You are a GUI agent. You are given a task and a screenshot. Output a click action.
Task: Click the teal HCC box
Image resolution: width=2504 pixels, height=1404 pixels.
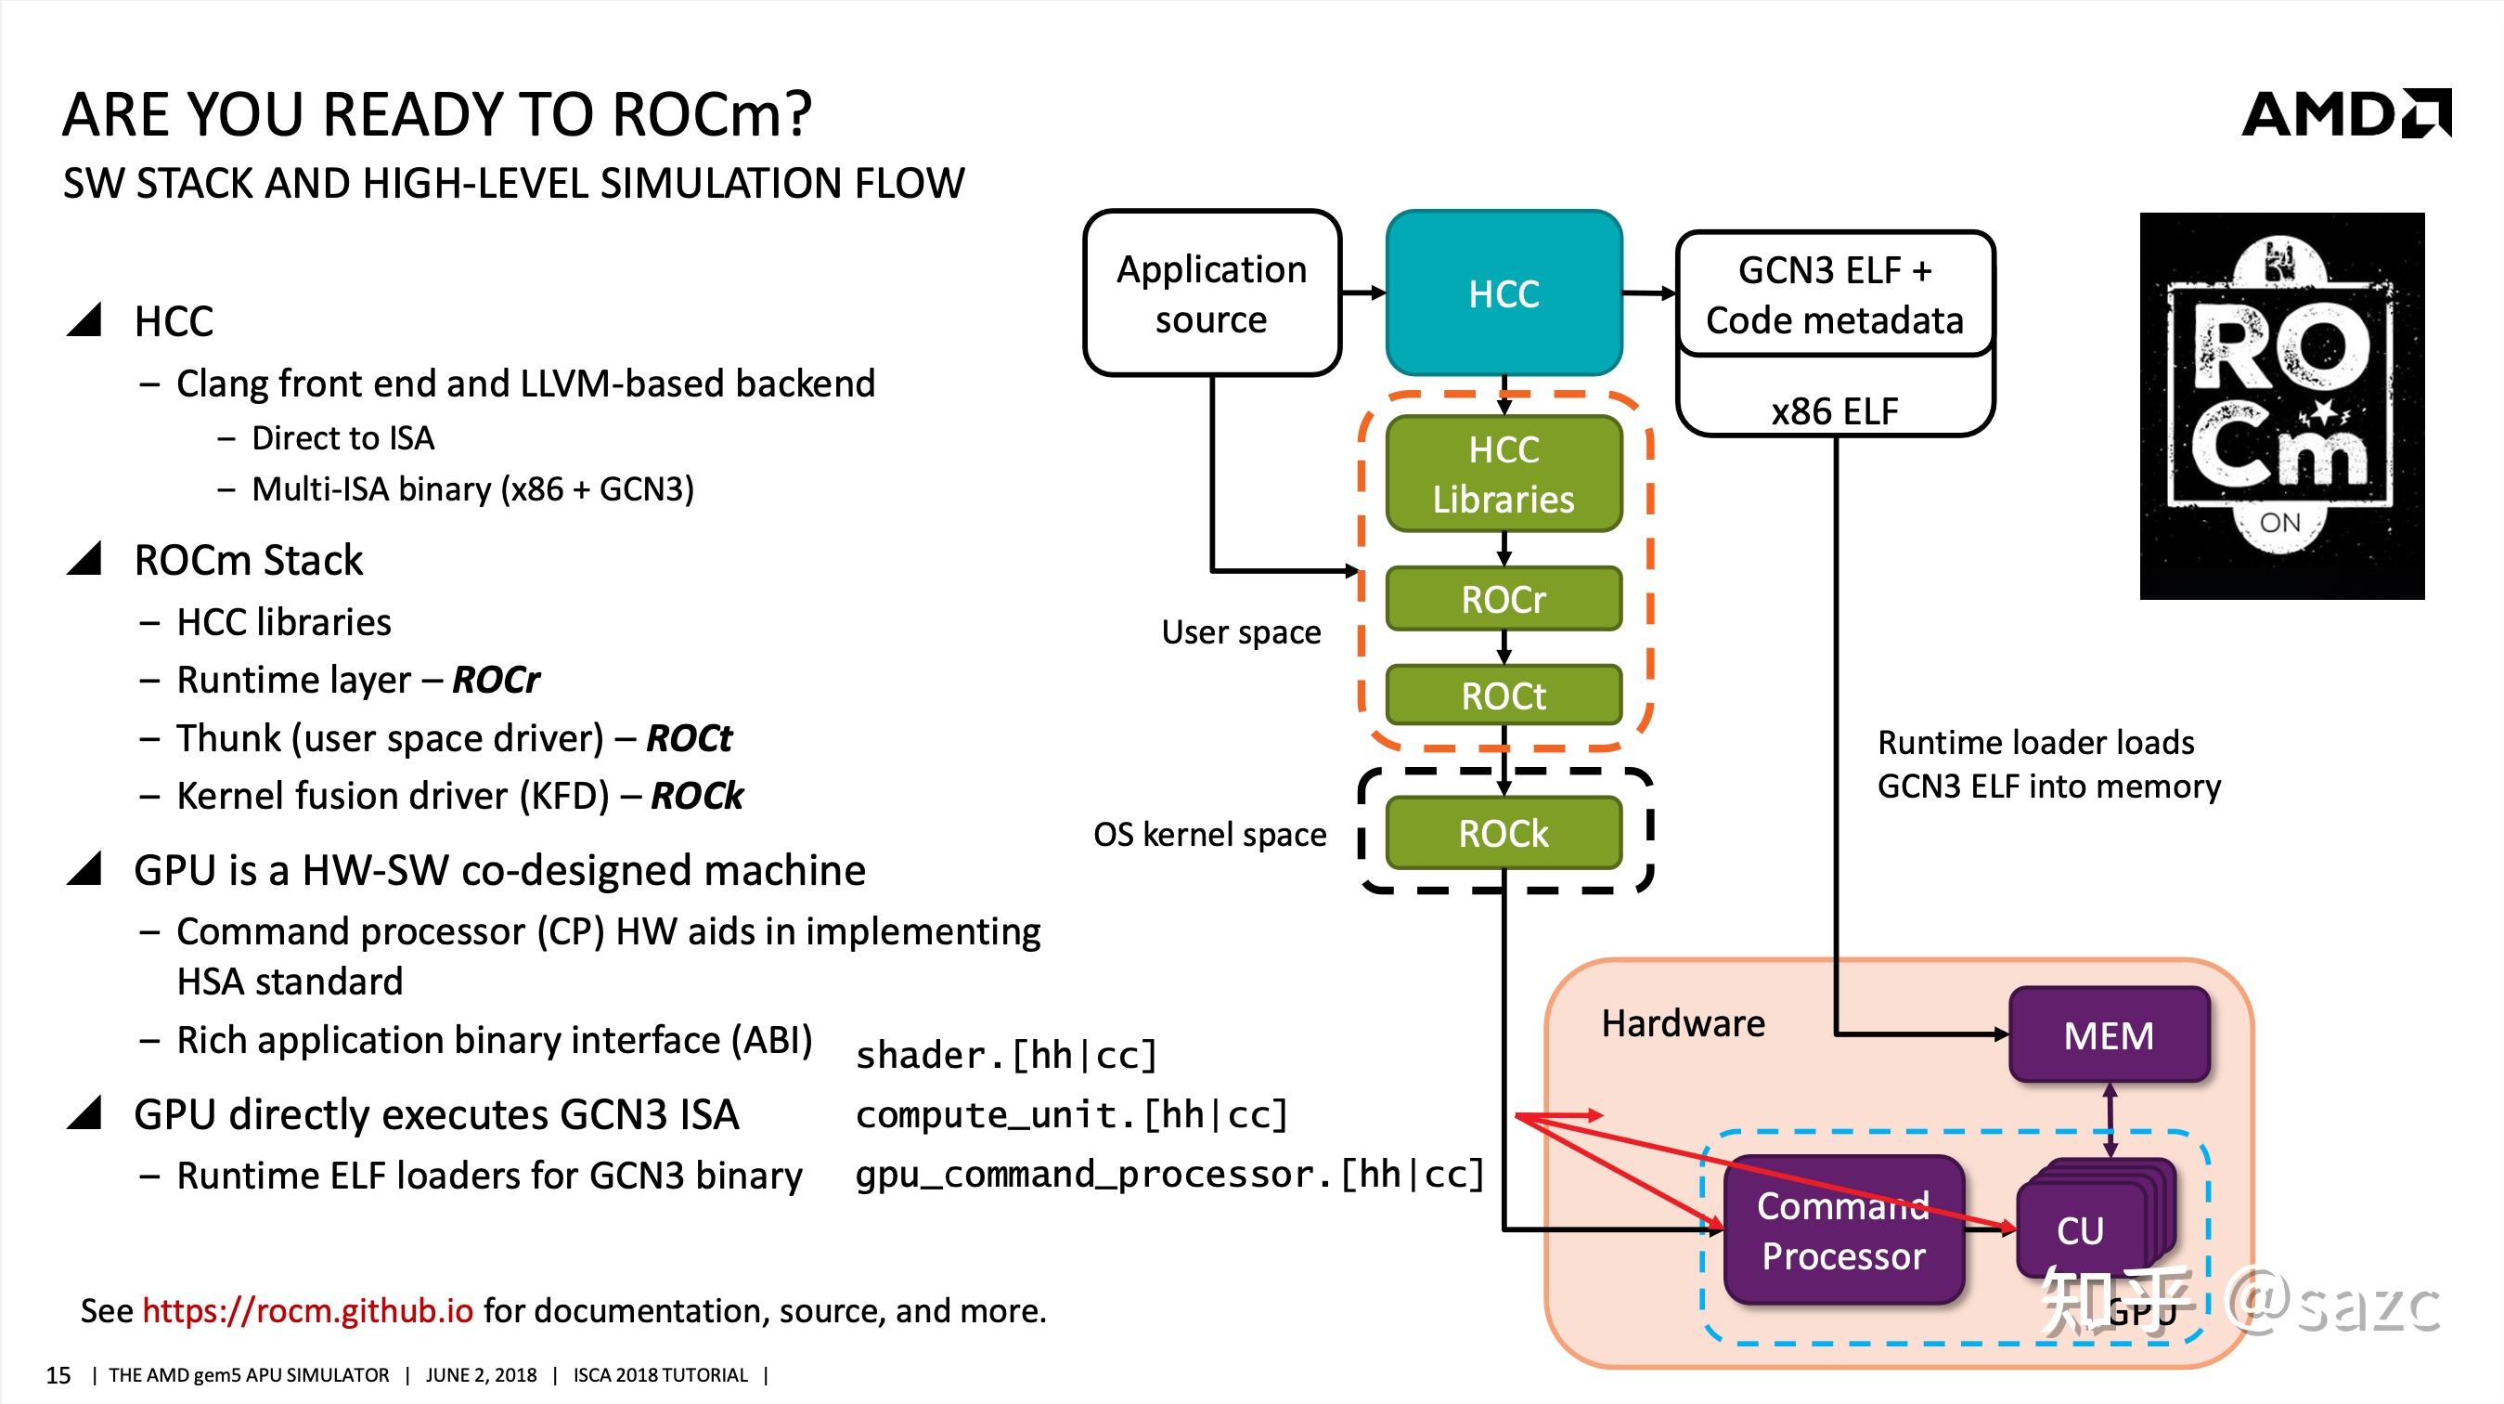click(1503, 293)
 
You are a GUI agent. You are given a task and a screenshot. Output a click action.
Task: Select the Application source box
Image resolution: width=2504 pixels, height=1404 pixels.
click(1211, 293)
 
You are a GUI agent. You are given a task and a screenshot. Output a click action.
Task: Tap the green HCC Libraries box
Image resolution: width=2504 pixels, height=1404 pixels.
click(1503, 474)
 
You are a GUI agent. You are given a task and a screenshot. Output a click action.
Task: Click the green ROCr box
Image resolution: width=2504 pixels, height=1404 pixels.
click(1503, 599)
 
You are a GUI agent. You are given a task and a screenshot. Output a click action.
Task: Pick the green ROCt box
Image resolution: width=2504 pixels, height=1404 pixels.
click(1503, 695)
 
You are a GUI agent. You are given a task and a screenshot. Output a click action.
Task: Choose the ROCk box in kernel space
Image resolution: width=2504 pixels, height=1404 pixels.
click(1503, 833)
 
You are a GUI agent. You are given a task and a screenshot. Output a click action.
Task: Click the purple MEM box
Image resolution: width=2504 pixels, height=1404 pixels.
click(2109, 1035)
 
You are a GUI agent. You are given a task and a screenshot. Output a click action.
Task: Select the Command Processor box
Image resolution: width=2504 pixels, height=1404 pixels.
click(1843, 1231)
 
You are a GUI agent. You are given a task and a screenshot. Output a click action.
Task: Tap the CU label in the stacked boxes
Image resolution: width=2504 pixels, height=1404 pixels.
click(2079, 1231)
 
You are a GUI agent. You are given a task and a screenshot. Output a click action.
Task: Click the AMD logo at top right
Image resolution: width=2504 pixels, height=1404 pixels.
click(2345, 115)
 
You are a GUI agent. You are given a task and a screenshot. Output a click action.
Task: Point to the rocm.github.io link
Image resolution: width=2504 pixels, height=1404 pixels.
click(307, 1310)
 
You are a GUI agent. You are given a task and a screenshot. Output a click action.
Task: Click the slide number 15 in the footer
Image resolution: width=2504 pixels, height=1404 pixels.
click(58, 1375)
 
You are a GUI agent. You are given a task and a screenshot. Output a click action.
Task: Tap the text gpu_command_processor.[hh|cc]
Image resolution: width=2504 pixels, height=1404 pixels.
click(1169, 1175)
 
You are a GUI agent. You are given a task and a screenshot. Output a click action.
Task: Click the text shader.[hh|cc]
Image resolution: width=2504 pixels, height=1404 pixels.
click(1006, 1055)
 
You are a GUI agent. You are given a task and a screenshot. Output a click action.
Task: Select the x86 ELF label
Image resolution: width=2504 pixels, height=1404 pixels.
click(1834, 410)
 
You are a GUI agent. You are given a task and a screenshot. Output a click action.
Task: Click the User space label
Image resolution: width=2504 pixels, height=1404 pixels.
click(1240, 632)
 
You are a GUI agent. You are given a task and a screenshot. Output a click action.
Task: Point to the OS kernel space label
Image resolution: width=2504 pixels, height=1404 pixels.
click(1209, 834)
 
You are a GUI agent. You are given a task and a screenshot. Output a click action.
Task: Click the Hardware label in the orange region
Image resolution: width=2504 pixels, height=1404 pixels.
click(1683, 1023)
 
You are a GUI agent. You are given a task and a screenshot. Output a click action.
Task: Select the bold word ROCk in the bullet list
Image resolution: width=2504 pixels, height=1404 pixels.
click(697, 797)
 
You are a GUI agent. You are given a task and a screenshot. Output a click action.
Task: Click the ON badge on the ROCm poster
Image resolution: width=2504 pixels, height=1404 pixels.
click(2279, 523)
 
